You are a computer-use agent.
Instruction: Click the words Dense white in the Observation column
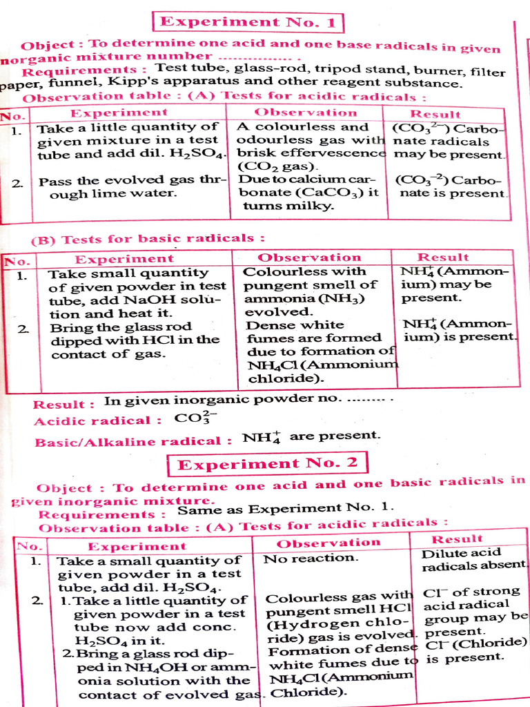point(295,325)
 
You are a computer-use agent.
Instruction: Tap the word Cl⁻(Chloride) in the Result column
point(477,643)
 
